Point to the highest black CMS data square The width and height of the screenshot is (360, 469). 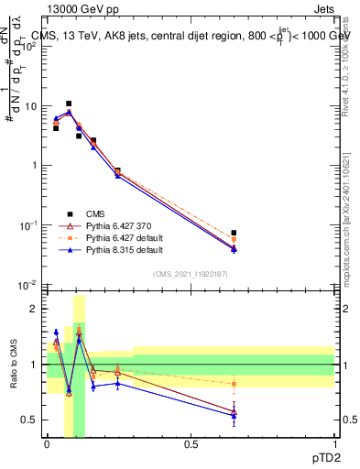69,104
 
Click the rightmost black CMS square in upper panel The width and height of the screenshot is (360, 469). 235,233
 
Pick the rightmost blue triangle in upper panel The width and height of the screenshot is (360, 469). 235,249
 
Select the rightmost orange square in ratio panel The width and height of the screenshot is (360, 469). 235,384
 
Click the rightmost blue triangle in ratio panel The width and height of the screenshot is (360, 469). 235,415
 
